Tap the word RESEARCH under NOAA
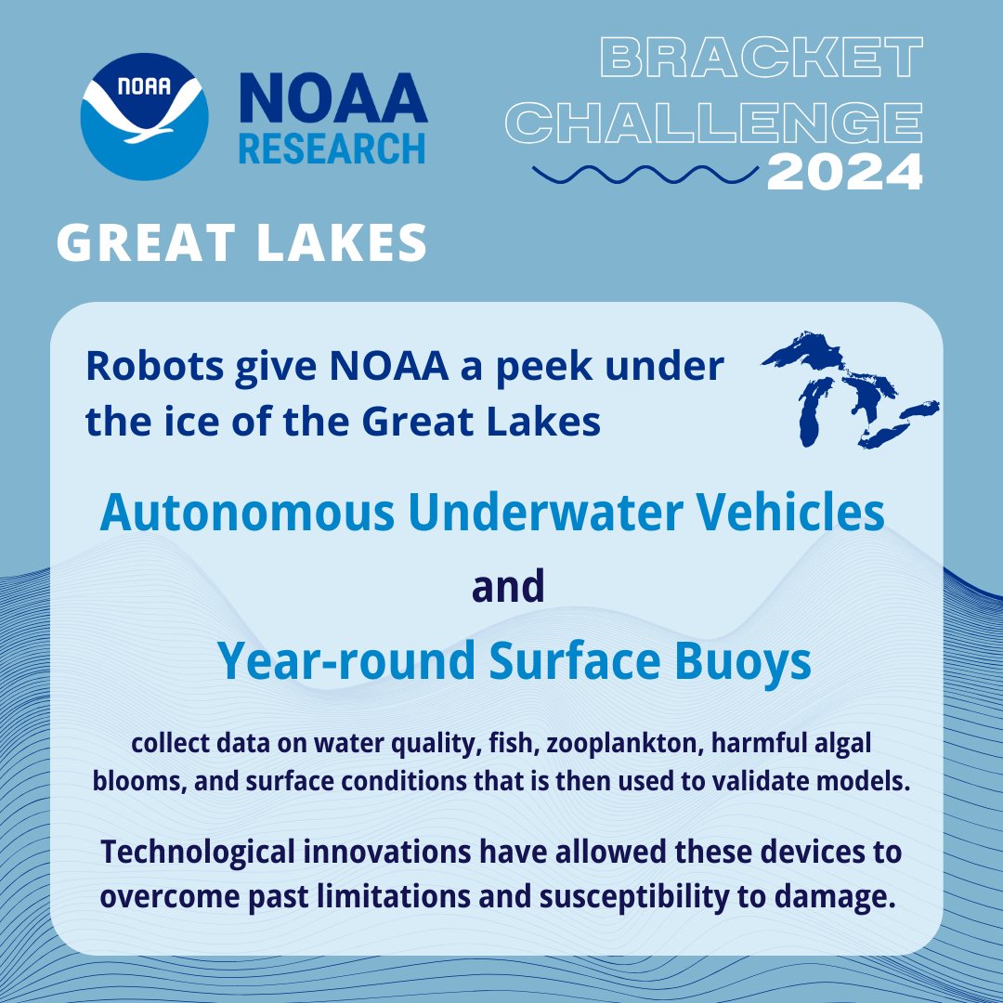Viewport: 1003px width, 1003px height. click(332, 147)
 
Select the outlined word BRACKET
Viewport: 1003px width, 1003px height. click(762, 59)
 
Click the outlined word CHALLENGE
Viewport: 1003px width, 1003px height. click(719, 121)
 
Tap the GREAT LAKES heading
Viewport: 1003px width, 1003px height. click(242, 243)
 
